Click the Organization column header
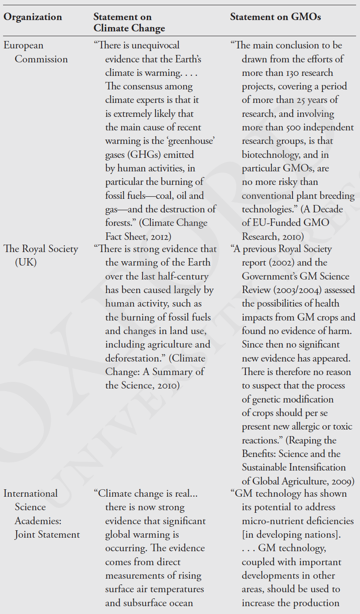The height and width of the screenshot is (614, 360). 33,17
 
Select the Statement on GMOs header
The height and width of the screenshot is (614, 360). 275,17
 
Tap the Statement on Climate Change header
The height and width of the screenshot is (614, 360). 129,23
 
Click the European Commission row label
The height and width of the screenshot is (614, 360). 36,52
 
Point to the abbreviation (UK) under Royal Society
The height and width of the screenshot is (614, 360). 26,263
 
